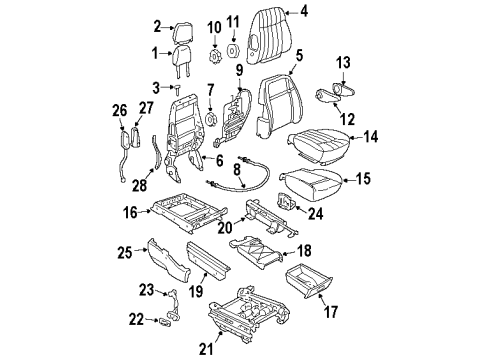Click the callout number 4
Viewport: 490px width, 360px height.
[x=304, y=11]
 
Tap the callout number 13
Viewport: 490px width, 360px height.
[x=343, y=64]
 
